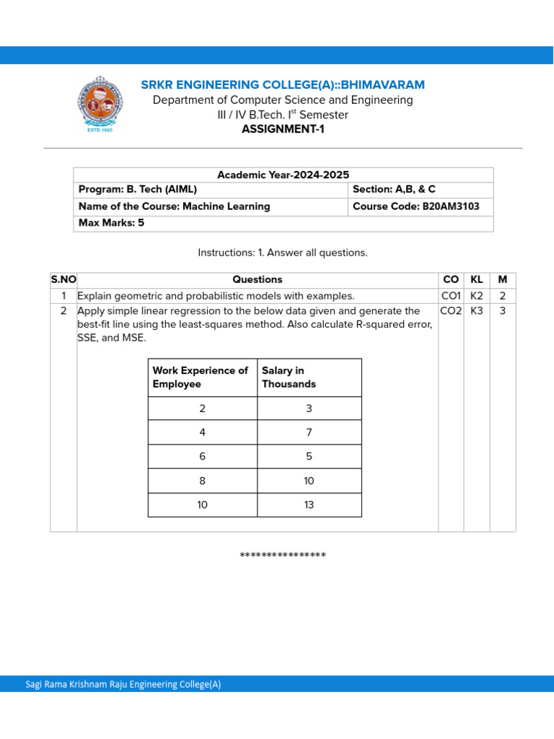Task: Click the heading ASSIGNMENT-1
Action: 283,129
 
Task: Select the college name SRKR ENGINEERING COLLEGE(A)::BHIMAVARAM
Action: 283,85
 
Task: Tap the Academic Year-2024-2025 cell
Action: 283,175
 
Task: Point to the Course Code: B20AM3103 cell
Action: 415,206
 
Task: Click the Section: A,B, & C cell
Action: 393,190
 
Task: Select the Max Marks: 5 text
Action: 111,223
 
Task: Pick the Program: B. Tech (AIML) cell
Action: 138,190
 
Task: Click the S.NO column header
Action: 63,279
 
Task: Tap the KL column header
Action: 477,279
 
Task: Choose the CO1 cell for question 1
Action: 451,296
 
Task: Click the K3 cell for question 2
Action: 477,311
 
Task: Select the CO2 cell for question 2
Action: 451,311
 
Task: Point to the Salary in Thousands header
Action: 289,377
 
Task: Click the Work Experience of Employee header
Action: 200,377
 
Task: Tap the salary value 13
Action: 309,505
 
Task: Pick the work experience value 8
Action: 202,481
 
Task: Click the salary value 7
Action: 309,432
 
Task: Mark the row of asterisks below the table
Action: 283,556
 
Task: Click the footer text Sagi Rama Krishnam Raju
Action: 123,684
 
